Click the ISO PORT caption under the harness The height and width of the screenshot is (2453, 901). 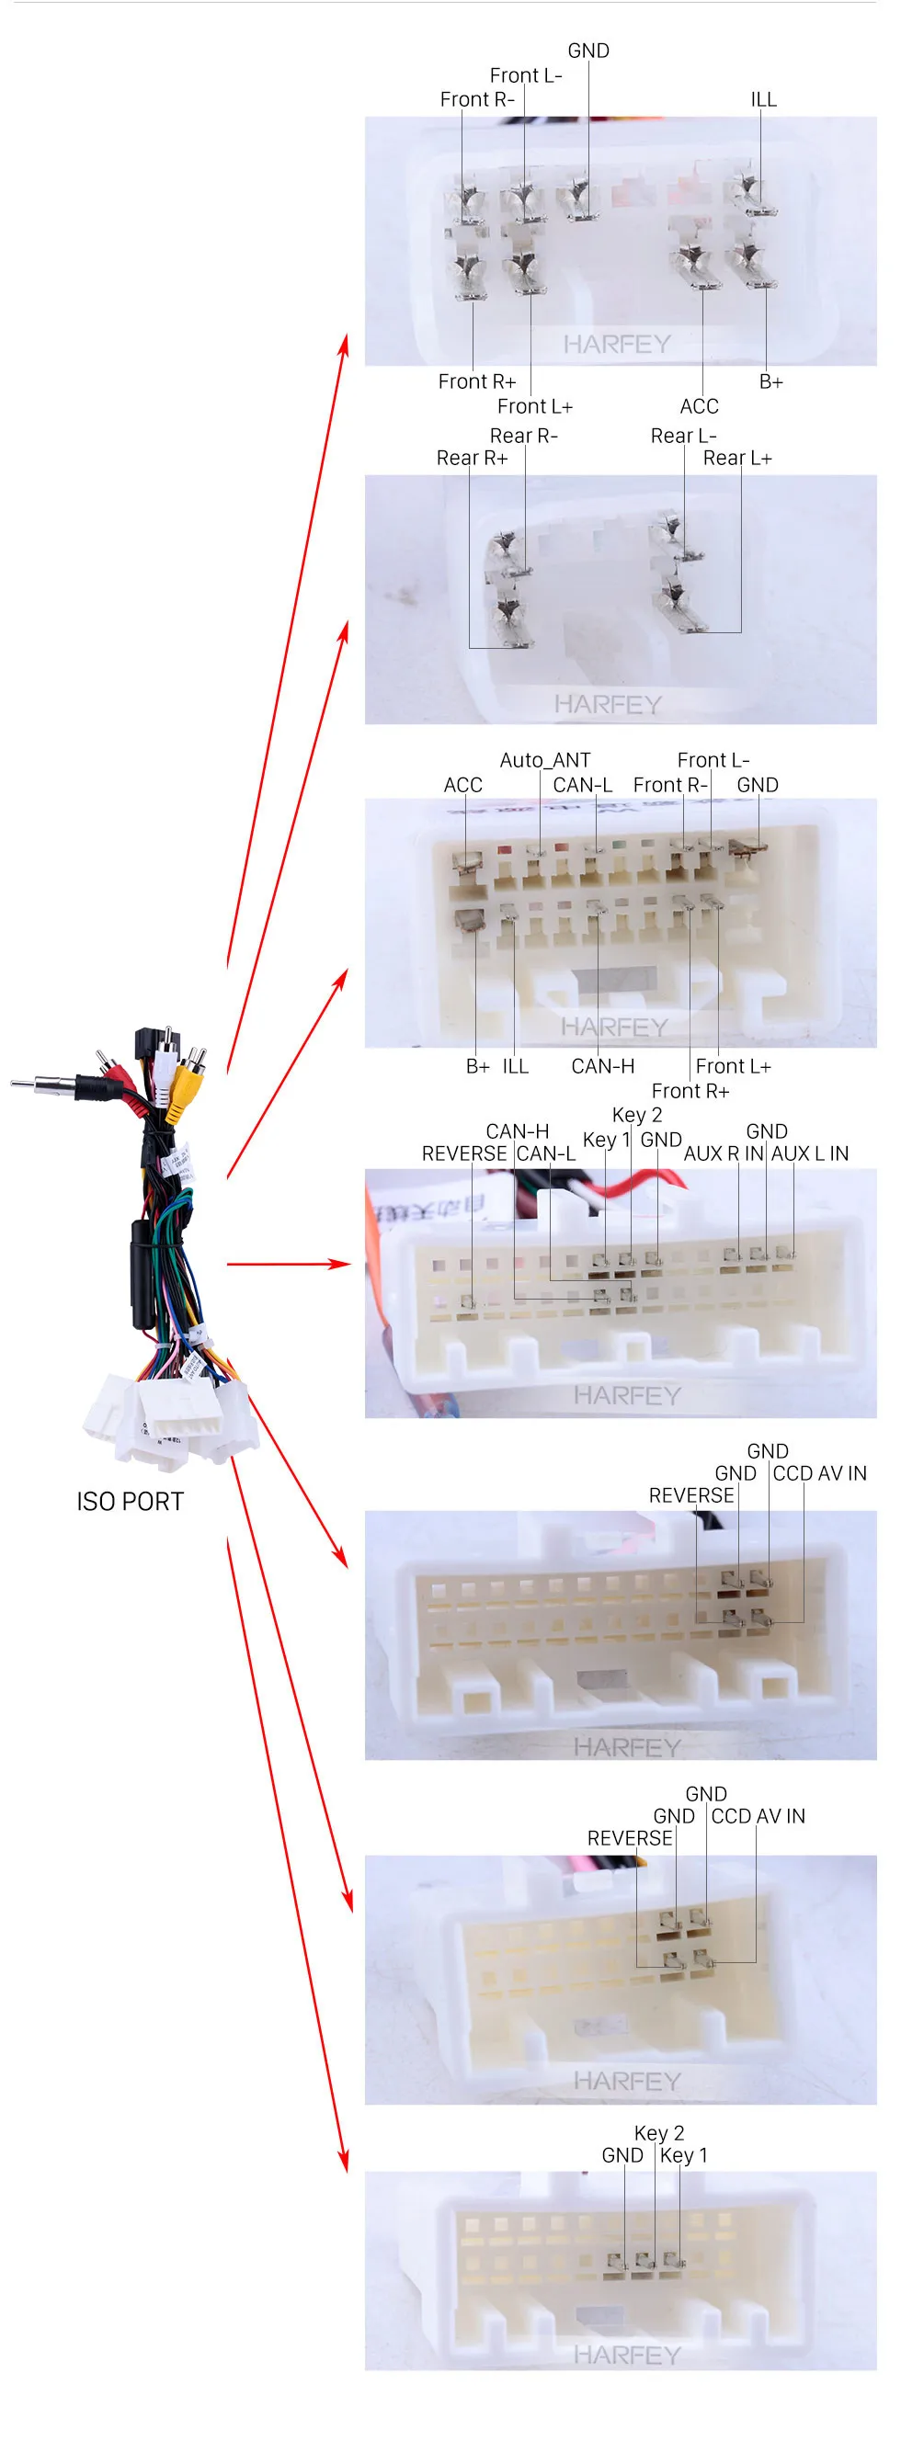(131, 1502)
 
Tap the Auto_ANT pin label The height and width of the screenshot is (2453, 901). (545, 760)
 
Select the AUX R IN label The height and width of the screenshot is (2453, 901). (723, 1153)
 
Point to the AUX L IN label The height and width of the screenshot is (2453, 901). (810, 1153)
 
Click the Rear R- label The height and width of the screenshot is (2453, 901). (523, 435)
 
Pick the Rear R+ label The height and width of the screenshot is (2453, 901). (472, 458)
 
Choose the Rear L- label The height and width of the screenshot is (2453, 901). (683, 435)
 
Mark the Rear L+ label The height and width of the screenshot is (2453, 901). (737, 458)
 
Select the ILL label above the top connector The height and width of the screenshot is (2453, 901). (763, 99)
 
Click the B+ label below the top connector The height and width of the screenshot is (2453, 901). (770, 381)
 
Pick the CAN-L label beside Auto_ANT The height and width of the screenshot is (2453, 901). (582, 785)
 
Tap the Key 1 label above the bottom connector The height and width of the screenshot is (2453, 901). (684, 2155)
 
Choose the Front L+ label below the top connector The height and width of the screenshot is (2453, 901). (534, 406)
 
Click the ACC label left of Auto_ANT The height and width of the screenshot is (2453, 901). (462, 785)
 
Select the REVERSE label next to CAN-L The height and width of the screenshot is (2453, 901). (464, 1153)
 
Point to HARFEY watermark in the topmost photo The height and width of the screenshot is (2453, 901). (617, 344)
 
